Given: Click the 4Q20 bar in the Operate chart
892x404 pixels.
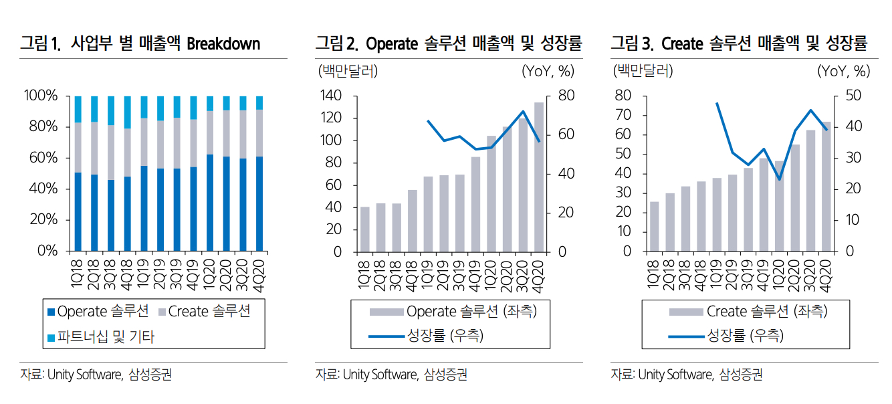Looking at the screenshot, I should [538, 177].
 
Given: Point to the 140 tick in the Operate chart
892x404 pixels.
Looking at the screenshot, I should [332, 96].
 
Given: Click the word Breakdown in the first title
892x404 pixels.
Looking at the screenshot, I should [223, 44].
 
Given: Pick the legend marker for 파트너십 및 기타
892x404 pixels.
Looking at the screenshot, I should [51, 337].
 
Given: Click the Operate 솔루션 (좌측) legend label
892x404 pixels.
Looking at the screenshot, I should [471, 311].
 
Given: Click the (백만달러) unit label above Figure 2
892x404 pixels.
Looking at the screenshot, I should [347, 70].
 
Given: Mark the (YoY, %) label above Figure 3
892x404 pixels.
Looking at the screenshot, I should [843, 70].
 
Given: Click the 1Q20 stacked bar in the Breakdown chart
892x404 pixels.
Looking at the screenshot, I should [210, 174].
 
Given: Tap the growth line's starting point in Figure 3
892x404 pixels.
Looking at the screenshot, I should [717, 103].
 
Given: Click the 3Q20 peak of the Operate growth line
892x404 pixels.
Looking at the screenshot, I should [523, 111].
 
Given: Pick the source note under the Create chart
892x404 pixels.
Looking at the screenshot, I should [686, 375].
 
